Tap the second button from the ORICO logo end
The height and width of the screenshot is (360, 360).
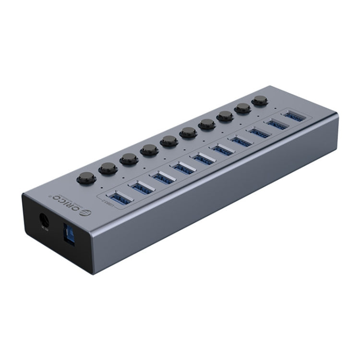[x=108, y=168]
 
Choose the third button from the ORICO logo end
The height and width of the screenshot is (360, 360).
[x=129, y=159]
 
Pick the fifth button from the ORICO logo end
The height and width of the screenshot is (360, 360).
[x=169, y=141]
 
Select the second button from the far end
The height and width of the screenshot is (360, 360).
[x=243, y=108]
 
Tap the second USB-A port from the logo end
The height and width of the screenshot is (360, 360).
[x=141, y=187]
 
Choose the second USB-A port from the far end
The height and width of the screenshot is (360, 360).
[x=276, y=123]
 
